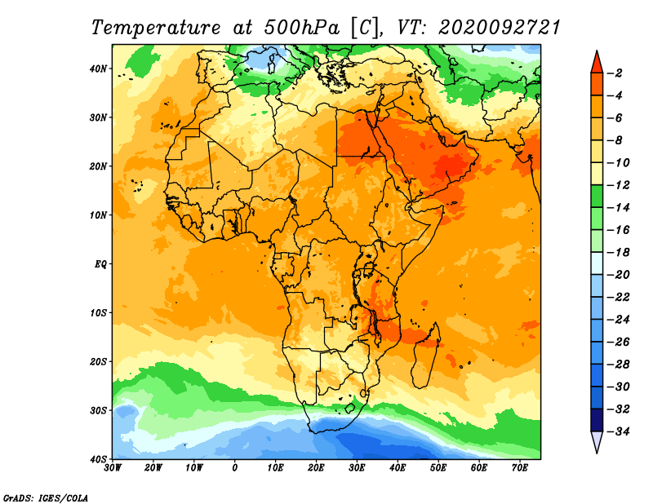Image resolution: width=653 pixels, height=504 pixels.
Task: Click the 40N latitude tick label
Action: coord(98,69)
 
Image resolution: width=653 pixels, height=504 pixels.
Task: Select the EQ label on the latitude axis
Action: coord(100,264)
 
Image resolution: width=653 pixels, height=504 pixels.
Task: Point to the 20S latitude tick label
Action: coord(98,361)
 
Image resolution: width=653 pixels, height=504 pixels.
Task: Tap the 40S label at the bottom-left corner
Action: coord(98,459)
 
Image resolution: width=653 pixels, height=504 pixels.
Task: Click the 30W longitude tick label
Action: coord(113,468)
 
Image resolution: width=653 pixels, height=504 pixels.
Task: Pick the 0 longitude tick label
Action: coord(234,468)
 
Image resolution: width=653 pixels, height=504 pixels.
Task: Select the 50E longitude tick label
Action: coord(438,468)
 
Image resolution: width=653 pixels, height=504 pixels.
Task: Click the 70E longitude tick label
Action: coord(520,468)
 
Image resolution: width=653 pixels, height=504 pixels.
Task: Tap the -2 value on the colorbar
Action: coord(615,73)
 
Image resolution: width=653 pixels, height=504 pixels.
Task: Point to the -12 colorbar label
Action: coord(618,185)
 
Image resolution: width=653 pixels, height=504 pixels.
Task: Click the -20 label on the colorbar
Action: coord(618,275)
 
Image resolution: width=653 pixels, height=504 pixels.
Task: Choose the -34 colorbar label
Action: coord(618,431)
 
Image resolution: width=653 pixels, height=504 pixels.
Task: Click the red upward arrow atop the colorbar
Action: coord(597,63)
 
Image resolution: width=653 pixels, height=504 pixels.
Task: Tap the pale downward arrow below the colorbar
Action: coord(597,442)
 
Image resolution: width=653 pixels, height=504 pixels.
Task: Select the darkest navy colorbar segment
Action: coord(597,420)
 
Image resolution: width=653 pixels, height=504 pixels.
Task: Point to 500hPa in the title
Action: coord(301,28)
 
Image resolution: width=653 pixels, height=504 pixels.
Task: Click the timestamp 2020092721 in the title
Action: coord(500,28)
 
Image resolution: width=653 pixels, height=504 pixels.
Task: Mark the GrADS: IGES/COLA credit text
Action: coord(46,498)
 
